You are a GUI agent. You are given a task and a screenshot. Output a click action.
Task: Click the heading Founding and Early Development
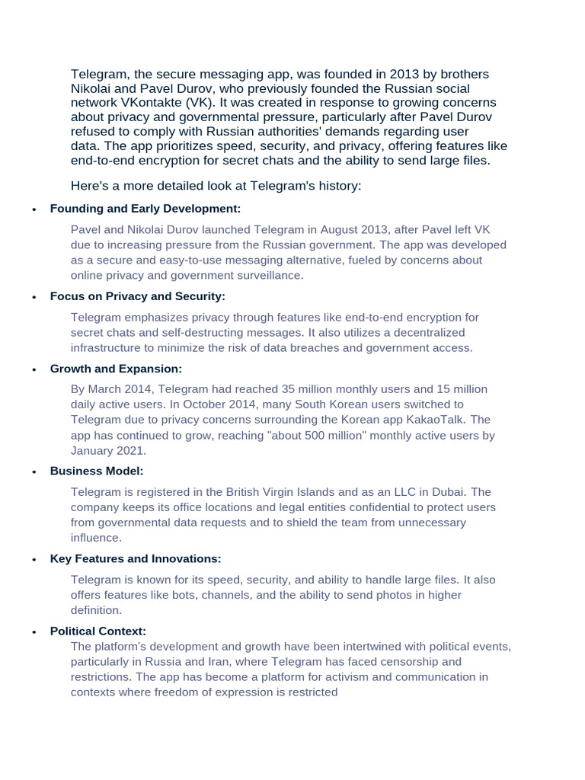pyautogui.click(x=145, y=209)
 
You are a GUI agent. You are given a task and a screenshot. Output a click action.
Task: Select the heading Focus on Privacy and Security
pyautogui.click(x=137, y=296)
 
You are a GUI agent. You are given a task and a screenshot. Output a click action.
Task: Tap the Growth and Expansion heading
pyautogui.click(x=116, y=369)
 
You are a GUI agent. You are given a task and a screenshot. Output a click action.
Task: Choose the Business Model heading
pyautogui.click(x=97, y=472)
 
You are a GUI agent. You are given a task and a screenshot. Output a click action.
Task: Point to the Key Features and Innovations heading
pyautogui.click(x=136, y=559)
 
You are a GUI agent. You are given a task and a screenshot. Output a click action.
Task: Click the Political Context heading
pyautogui.click(x=97, y=631)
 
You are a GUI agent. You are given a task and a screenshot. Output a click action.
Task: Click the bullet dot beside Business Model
pyautogui.click(x=34, y=472)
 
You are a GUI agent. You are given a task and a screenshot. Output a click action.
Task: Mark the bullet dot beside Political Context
pyautogui.click(x=34, y=632)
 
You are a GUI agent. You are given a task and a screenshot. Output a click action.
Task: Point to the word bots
pyautogui.click(x=182, y=595)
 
